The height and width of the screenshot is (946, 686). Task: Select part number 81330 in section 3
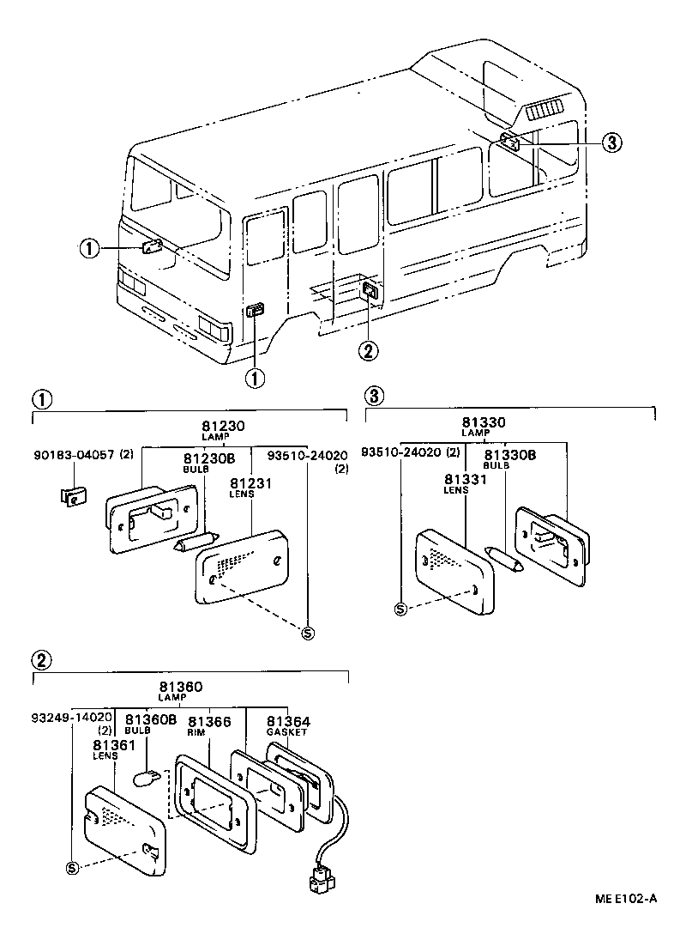pyautogui.click(x=483, y=422)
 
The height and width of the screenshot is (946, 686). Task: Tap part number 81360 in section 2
pyautogui.click(x=180, y=687)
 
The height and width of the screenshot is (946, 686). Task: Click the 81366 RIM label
pyautogui.click(x=209, y=725)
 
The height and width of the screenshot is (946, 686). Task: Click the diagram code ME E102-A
pyautogui.click(x=627, y=899)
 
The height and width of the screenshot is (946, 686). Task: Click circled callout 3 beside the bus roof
pyautogui.click(x=610, y=143)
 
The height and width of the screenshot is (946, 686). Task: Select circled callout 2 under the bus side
pyautogui.click(x=367, y=350)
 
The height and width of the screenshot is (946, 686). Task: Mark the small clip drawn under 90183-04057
pyautogui.click(x=73, y=497)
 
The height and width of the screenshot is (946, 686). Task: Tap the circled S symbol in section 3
pyautogui.click(x=400, y=609)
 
